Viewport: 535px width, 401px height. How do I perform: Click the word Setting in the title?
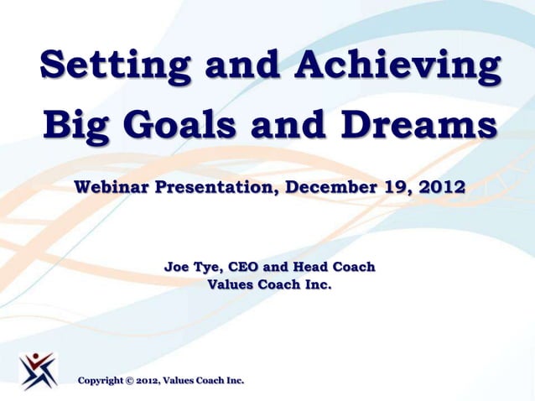pos(101,66)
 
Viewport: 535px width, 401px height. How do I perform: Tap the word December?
pos(330,186)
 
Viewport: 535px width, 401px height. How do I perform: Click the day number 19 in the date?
pos(392,186)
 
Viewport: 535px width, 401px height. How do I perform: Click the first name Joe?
pos(177,268)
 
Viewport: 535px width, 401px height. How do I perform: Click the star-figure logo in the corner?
pos(39,370)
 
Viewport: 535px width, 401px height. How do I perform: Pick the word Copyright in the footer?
pos(100,382)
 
